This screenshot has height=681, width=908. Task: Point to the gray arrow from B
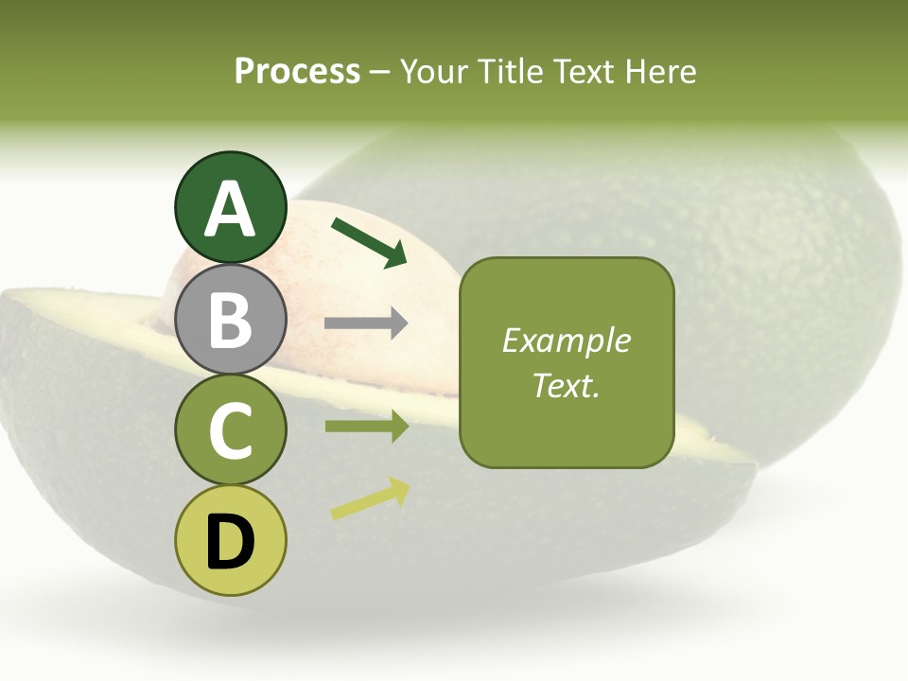pyautogui.click(x=366, y=323)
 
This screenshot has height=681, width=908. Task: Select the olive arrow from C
pyautogui.click(x=366, y=427)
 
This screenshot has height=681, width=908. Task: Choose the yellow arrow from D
pyautogui.click(x=370, y=498)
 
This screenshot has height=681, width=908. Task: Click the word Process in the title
pyautogui.click(x=297, y=71)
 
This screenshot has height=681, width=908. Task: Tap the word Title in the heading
pyautogui.click(x=511, y=71)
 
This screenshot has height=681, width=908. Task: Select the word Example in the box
pyautogui.click(x=567, y=340)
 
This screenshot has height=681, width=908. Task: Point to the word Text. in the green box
pyautogui.click(x=567, y=386)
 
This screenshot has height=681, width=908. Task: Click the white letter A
pyautogui.click(x=230, y=210)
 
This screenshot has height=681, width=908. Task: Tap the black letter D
pyautogui.click(x=230, y=542)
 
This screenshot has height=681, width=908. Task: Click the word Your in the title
pyautogui.click(x=435, y=71)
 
